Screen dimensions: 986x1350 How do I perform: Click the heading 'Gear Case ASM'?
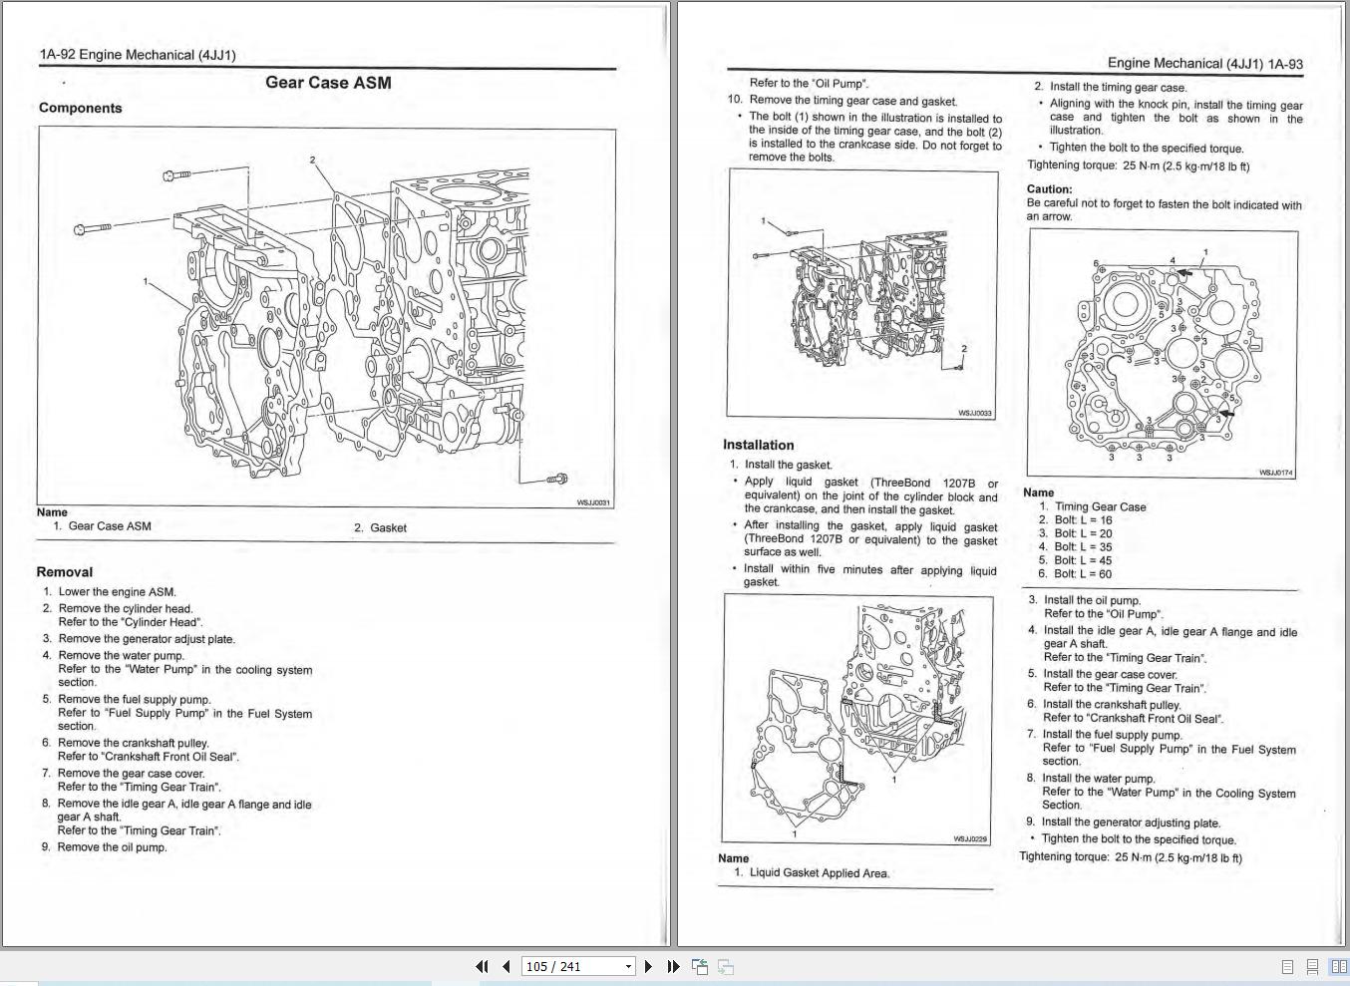tap(328, 83)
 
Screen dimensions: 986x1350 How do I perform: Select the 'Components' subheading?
tap(81, 108)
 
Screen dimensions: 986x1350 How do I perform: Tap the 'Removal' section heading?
tap(65, 572)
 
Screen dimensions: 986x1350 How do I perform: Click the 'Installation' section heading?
tap(758, 445)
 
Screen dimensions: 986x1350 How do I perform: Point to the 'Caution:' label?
tap(1049, 189)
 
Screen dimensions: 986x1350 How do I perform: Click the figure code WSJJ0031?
tap(593, 502)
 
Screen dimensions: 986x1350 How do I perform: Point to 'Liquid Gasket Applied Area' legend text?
tap(819, 873)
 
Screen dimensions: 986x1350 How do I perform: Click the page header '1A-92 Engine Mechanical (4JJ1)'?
tap(138, 55)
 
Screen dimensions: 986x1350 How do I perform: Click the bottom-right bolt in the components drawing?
tap(557, 480)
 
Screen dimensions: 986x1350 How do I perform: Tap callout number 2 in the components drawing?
tap(312, 160)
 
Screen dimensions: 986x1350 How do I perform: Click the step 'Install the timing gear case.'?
tap(1118, 88)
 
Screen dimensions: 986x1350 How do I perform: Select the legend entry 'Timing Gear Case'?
tap(1100, 506)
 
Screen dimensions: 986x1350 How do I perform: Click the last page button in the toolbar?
tap(673, 966)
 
